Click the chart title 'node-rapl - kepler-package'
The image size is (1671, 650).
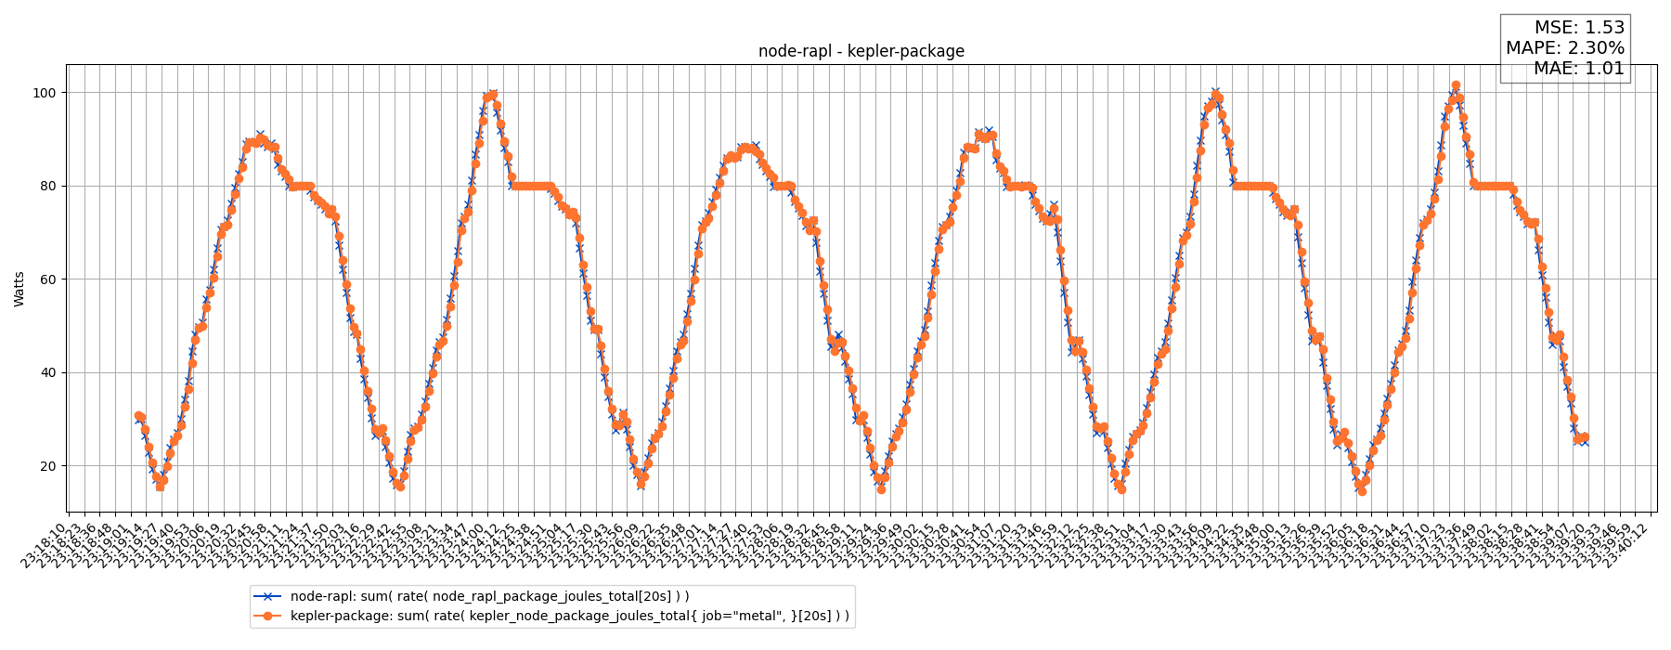(x=861, y=52)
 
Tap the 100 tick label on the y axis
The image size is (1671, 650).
(x=44, y=93)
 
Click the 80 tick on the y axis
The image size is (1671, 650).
(x=47, y=186)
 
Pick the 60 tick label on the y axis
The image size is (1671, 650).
(x=47, y=279)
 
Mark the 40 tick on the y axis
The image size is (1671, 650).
(x=47, y=372)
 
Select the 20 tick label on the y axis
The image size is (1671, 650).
(x=47, y=466)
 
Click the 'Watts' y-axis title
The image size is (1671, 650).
(x=19, y=289)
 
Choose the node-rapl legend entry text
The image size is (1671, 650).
(x=489, y=596)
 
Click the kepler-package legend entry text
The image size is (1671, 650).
(x=569, y=616)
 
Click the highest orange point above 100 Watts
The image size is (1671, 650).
(x=1456, y=85)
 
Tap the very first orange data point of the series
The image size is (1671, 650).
(x=137, y=415)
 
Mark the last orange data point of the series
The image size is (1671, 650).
(x=1585, y=437)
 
